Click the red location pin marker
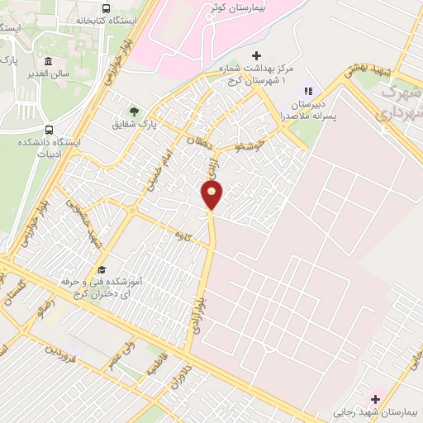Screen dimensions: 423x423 pos(211,195)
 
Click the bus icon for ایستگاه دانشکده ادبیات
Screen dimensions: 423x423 pos(50,131)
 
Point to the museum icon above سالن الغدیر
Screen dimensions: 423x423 pos(48,63)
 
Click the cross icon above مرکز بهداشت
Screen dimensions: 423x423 pos(256,55)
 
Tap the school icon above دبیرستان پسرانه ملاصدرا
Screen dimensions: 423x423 pos(307,91)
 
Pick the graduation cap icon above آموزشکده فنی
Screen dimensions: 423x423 pos(101,269)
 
